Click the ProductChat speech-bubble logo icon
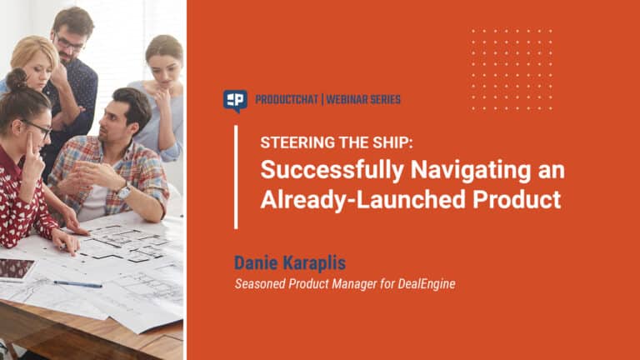click(235, 100)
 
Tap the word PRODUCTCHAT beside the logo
click(287, 100)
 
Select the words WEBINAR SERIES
click(363, 100)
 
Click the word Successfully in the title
click(332, 170)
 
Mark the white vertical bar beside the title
click(236, 177)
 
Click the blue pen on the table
click(77, 284)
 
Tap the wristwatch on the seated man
click(124, 191)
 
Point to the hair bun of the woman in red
click(17, 78)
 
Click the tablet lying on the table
click(17, 270)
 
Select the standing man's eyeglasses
click(69, 43)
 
